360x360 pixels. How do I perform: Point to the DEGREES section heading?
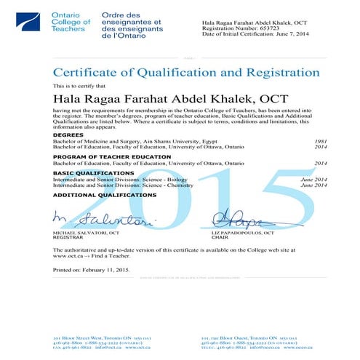click(x=68, y=135)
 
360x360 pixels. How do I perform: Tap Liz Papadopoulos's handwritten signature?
click(x=236, y=217)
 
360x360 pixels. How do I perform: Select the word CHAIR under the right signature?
click(x=220, y=238)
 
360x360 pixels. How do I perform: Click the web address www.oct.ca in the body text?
click(x=68, y=255)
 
